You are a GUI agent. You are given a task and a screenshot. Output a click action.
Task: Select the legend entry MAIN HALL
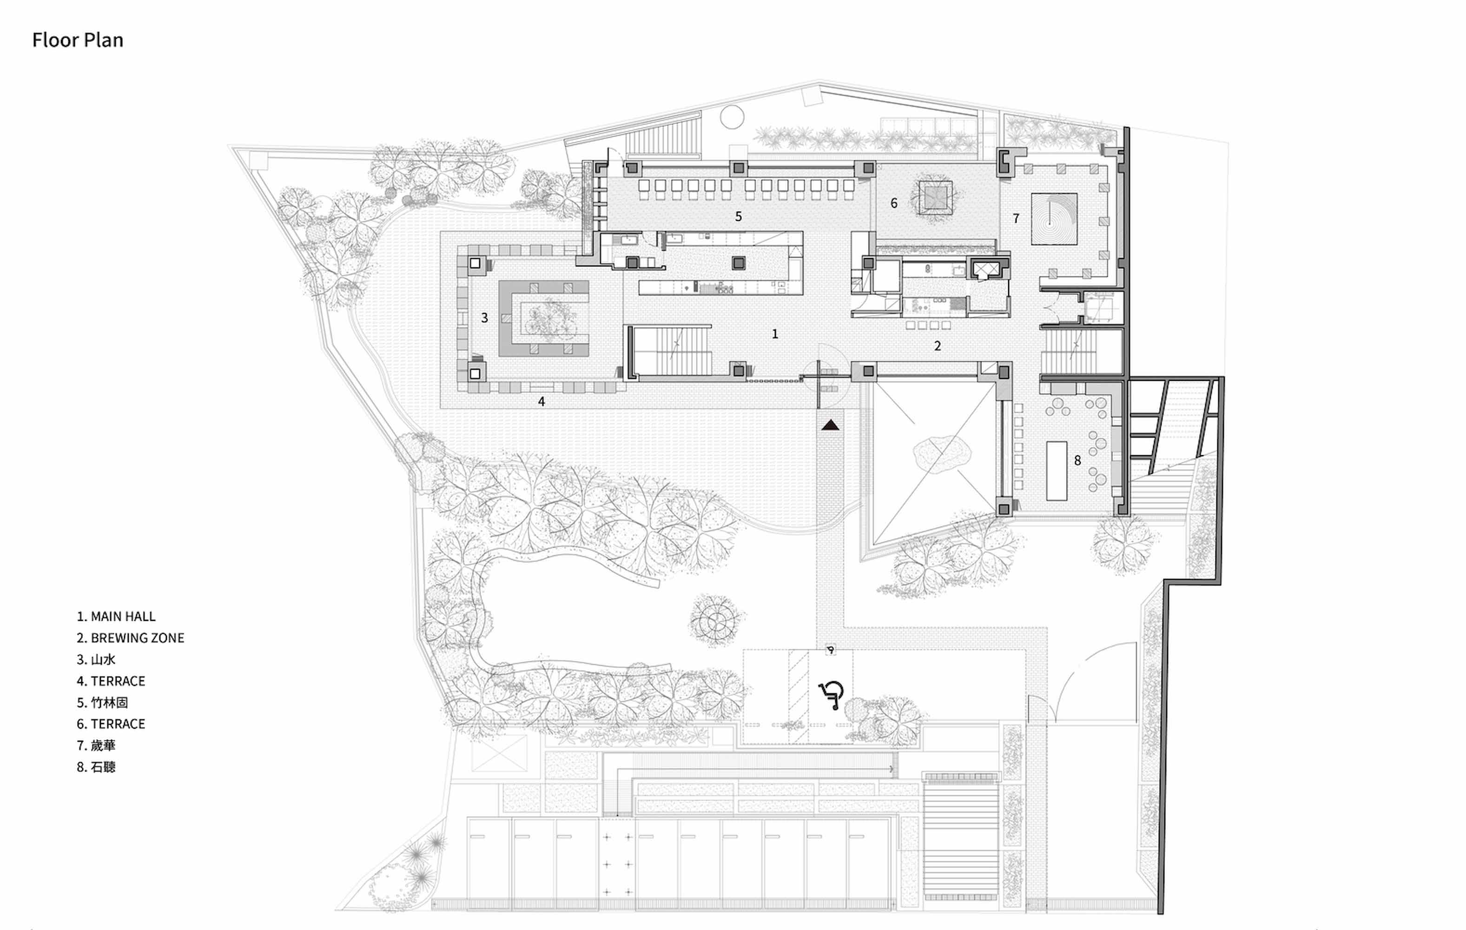pos(116,616)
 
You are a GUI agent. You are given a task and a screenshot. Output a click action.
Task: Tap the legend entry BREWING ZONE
pos(130,638)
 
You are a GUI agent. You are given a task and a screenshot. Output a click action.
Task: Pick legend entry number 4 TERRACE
pos(111,681)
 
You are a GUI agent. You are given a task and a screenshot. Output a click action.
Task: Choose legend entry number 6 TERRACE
pos(111,724)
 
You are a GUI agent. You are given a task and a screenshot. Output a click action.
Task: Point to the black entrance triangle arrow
pos(831,425)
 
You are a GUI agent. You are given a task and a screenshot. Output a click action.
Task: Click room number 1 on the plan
pos(775,334)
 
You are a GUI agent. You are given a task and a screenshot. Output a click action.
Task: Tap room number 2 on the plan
pos(938,346)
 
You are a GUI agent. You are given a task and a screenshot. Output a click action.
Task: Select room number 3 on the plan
pos(485,317)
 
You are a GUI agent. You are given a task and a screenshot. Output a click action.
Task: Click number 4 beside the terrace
pos(541,401)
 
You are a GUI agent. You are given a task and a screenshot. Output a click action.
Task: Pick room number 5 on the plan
pos(739,216)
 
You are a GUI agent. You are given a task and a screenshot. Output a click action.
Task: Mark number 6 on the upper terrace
pos(894,203)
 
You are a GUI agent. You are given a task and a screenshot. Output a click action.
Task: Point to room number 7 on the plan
pos(1016,218)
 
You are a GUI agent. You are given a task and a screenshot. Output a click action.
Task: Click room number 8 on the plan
pos(1077,460)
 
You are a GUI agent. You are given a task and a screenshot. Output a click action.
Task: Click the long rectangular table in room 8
pos(1057,471)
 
